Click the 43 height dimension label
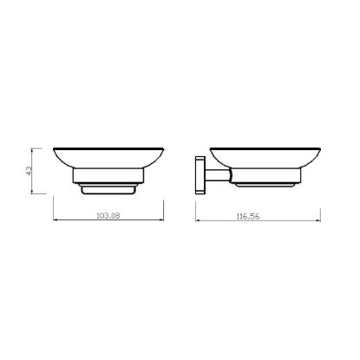pyautogui.click(x=29, y=171)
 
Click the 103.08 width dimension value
pyautogui.click(x=108, y=216)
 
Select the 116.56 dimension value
pyautogui.click(x=248, y=216)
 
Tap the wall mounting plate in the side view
pyautogui.click(x=200, y=175)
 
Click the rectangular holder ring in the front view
pyautogui.click(x=108, y=175)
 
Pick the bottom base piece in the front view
pyautogui.click(x=108, y=189)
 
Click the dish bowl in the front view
pyautogui.click(x=108, y=158)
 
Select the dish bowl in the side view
pyautogui.click(x=265, y=158)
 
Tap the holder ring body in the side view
pyautogui.click(x=265, y=175)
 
